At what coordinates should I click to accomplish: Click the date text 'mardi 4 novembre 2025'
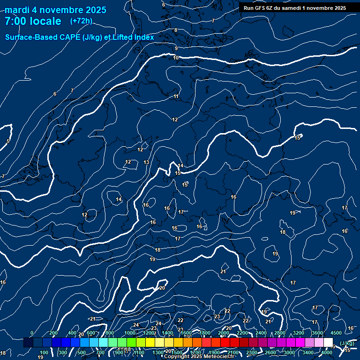[56, 10]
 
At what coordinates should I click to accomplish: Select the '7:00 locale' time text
[33, 21]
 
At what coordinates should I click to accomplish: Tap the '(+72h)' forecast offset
[81, 21]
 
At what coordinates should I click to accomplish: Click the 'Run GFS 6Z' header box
[295, 8]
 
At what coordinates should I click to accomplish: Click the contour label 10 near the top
[176, 58]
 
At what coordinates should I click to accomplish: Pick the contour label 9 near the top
[176, 48]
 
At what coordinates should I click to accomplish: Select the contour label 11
[176, 96]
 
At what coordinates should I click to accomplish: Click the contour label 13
[146, 162]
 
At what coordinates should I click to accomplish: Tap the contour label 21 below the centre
[223, 271]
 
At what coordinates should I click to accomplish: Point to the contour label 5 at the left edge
[8, 141]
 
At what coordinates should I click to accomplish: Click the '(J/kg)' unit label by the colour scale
[346, 344]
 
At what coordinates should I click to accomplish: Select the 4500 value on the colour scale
[336, 333]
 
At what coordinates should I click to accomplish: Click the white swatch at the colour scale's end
[329, 343]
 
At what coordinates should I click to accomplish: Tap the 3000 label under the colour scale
[290, 352]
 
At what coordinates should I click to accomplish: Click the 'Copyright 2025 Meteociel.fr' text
[200, 357]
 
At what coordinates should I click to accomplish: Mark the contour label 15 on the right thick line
[297, 138]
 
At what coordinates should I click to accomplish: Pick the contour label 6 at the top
[163, 5]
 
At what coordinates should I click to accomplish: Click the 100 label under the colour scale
[44, 352]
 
